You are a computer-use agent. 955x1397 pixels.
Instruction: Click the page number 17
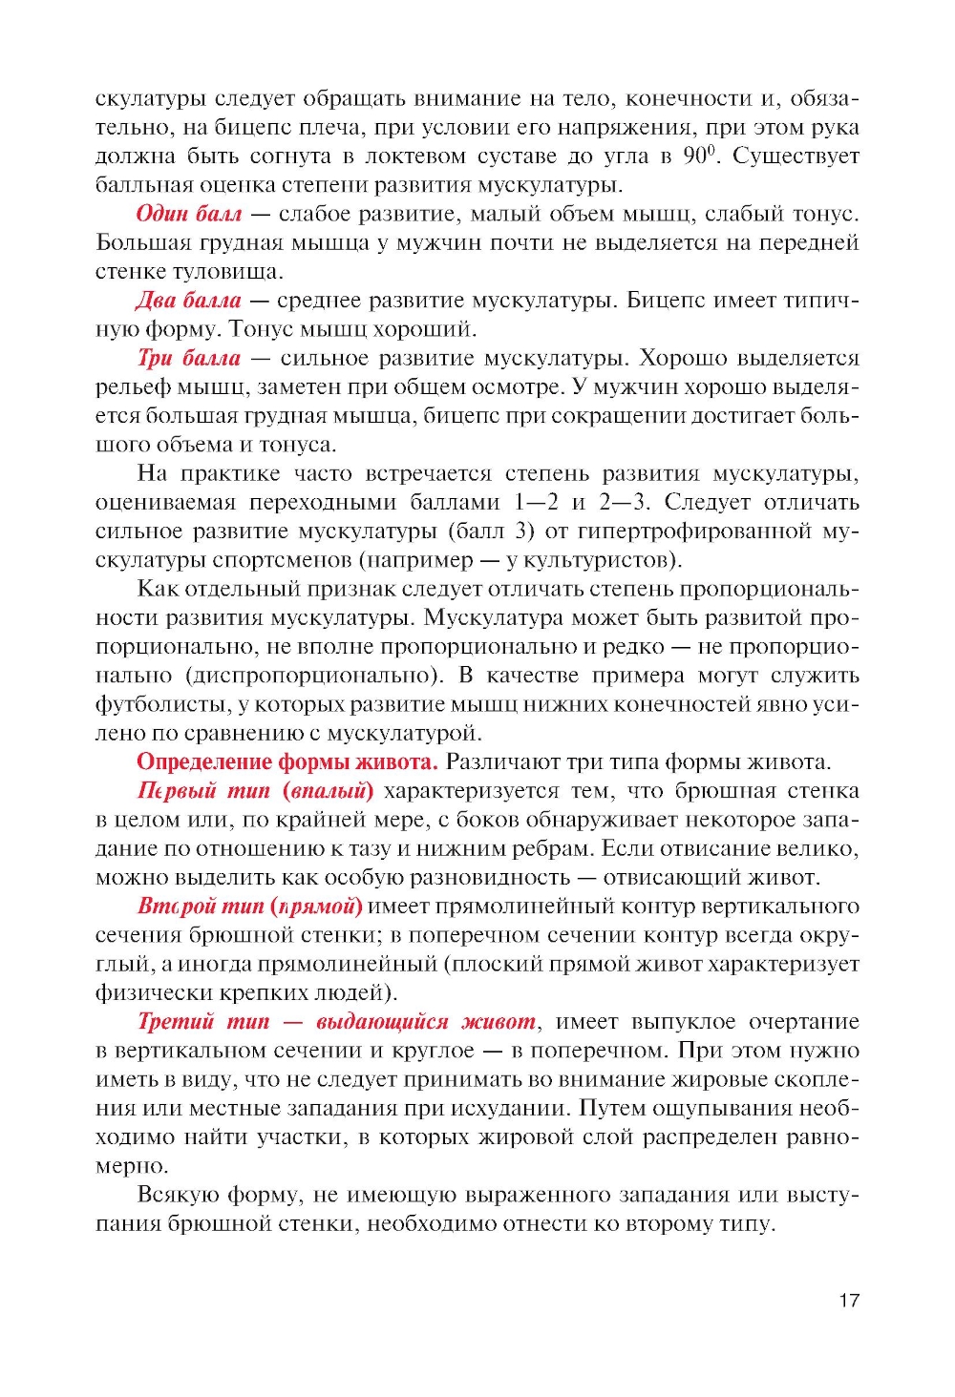coord(849,1301)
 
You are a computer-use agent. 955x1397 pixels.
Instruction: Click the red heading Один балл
coord(188,214)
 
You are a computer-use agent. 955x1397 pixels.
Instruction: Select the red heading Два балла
coord(188,301)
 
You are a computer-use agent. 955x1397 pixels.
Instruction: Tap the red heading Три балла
coord(189,358)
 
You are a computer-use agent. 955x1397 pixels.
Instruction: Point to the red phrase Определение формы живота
coord(286,761)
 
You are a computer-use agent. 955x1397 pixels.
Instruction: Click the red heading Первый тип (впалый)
coord(255,790)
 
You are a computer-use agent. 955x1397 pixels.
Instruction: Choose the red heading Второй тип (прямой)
coord(249,906)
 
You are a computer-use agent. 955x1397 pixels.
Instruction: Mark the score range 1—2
coord(536,502)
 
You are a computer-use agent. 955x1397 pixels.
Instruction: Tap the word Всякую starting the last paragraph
coord(177,1195)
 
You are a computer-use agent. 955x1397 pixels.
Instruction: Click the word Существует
coord(796,156)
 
